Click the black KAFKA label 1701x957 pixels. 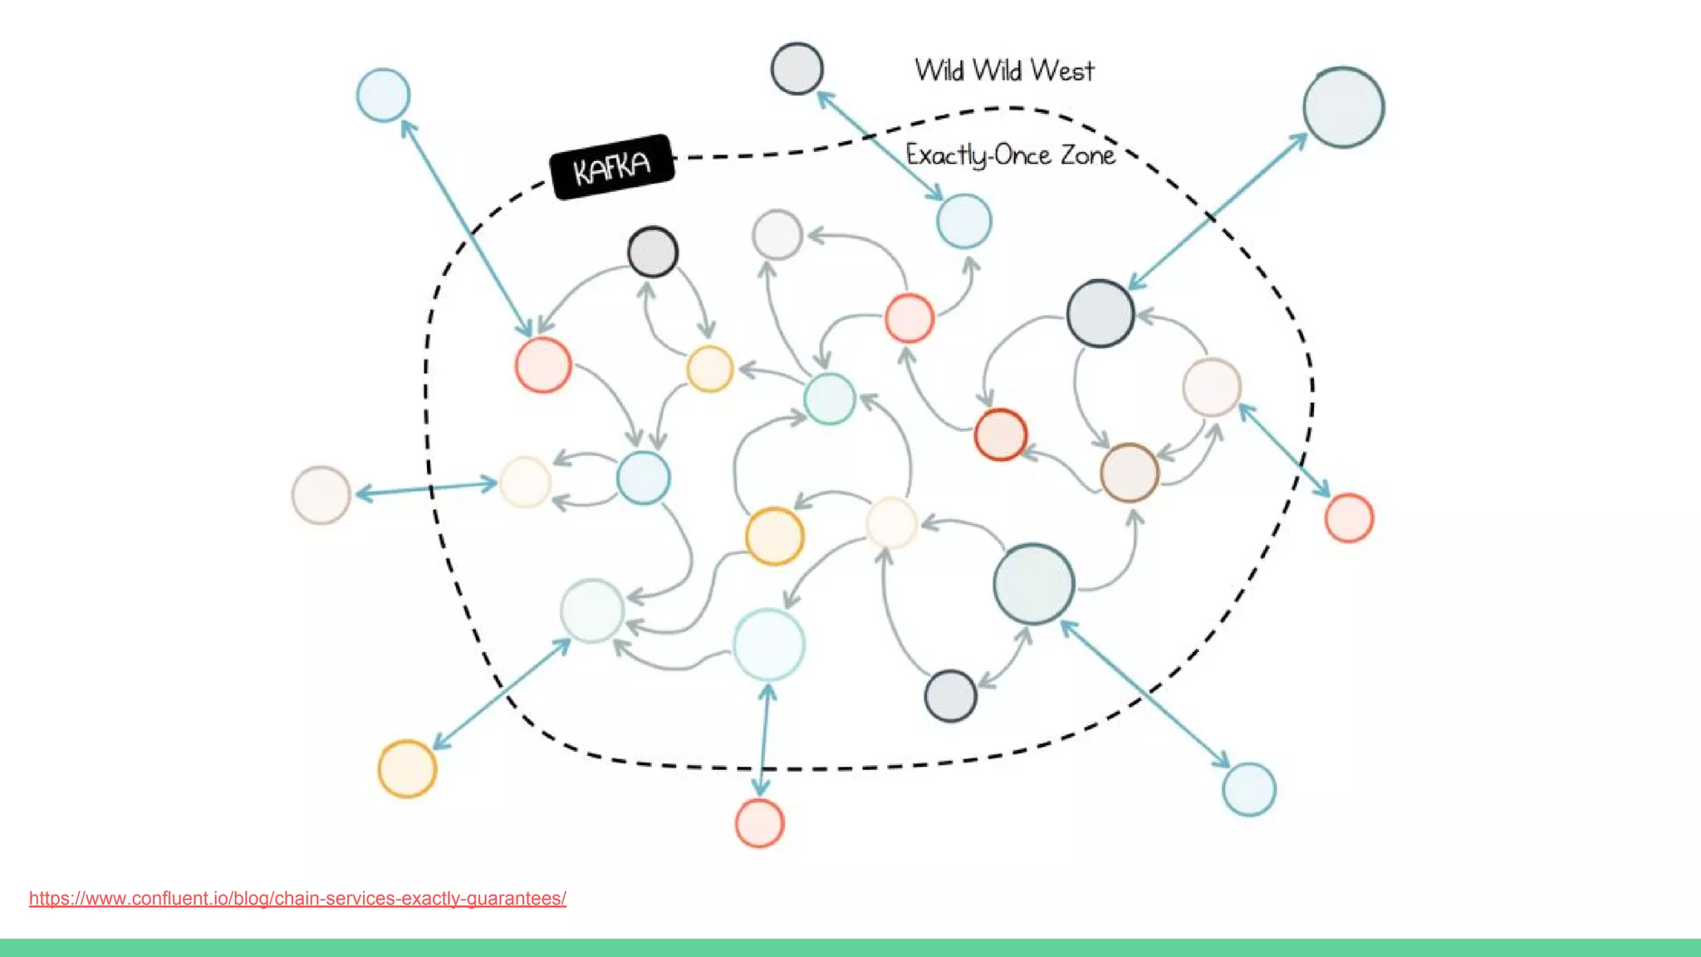(612, 167)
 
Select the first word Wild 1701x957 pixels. (939, 71)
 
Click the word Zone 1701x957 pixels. (1087, 155)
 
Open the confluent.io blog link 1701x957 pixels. (297, 898)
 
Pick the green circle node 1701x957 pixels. (829, 399)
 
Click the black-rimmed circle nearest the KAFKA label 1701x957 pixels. (653, 252)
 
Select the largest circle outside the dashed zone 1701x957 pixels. (1343, 108)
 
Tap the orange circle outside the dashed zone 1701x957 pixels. (407, 768)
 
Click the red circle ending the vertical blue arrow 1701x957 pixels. (759, 823)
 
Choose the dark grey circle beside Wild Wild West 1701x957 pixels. (797, 68)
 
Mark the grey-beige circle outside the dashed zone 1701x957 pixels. (321, 495)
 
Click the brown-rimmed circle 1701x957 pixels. (1129, 473)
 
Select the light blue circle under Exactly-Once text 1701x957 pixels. (963, 221)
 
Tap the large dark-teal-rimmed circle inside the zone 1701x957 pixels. (1033, 584)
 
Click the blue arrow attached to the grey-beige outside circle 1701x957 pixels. (425, 488)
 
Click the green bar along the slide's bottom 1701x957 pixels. (850, 948)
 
